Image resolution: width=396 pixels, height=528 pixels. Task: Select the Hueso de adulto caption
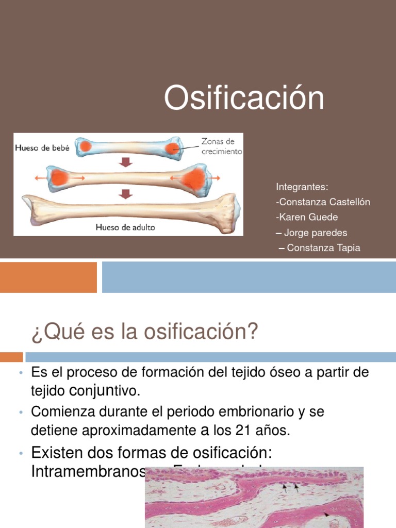coord(125,227)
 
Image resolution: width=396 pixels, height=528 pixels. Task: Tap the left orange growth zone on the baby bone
coord(86,146)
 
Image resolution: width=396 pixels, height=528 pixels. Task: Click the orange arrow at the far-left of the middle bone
coord(39,178)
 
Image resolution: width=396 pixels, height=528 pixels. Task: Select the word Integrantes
coord(302,187)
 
